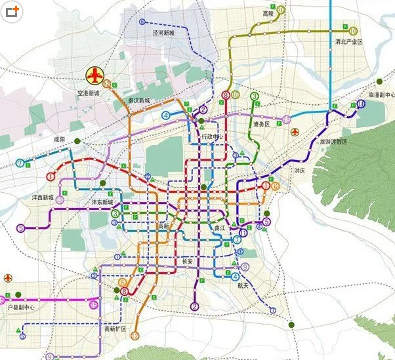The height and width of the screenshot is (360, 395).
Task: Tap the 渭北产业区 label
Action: click(x=349, y=42)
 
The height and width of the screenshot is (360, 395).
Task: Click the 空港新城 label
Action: click(x=87, y=94)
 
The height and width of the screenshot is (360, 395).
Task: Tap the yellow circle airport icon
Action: click(x=96, y=76)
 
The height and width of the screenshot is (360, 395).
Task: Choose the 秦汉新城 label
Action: click(x=138, y=100)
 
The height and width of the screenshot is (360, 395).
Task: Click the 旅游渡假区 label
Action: click(x=334, y=142)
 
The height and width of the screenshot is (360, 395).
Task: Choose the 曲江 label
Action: click(x=220, y=228)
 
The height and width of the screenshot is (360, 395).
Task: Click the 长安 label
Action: click(x=186, y=261)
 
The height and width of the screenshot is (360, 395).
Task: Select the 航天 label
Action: click(x=243, y=285)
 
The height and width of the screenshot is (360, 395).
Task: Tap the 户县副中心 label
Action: click(x=20, y=307)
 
